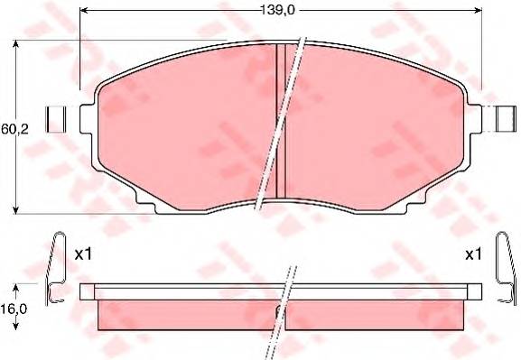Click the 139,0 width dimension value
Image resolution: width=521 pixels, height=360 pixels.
point(277,10)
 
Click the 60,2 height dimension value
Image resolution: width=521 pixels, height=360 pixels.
point(15,129)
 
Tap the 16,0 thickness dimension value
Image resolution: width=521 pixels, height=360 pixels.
point(14,309)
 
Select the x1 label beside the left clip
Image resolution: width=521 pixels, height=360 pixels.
point(83,254)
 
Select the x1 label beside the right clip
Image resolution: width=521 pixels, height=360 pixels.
point(473,254)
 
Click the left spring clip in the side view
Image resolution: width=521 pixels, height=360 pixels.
point(55,268)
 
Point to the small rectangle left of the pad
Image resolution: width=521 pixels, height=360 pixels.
point(56,119)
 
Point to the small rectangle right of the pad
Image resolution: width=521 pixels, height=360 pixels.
point(507,119)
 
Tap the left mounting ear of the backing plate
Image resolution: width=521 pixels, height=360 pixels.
point(88,119)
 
